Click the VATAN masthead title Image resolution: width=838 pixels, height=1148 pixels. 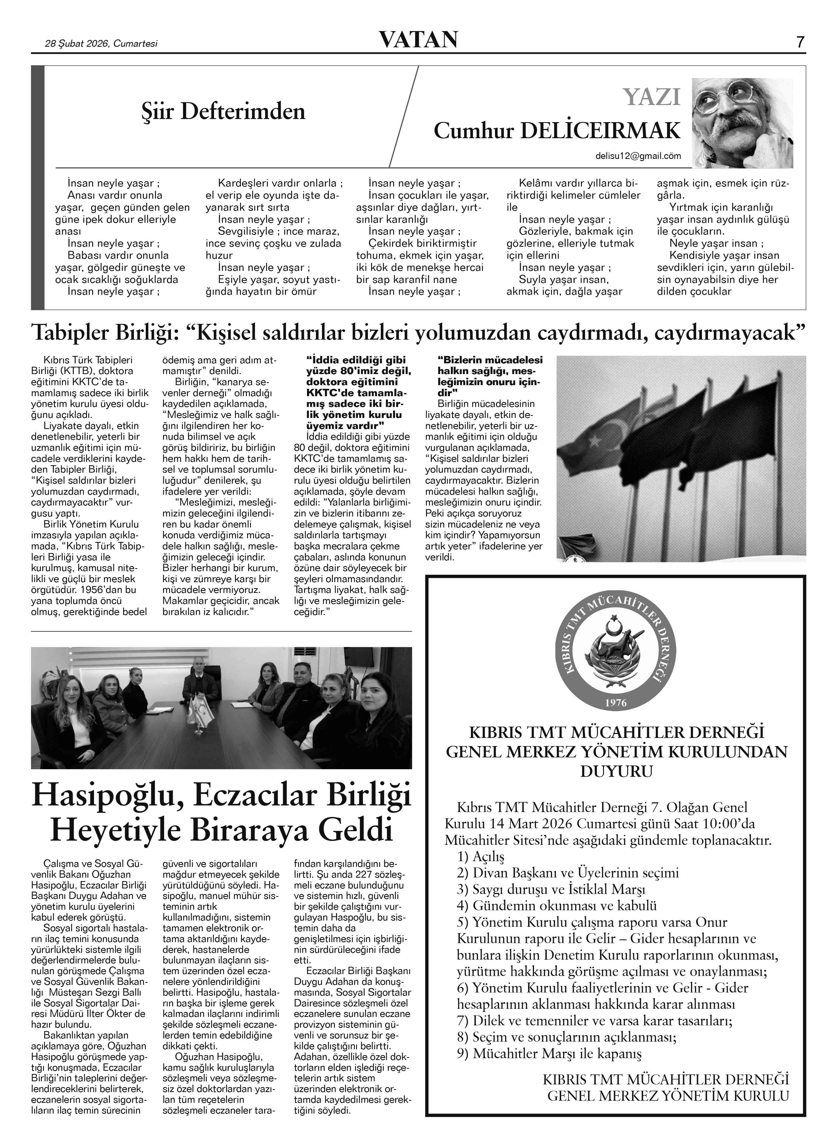(x=419, y=40)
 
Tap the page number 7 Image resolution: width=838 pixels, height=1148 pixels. (x=800, y=42)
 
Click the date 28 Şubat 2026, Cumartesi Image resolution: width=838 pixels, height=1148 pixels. (x=101, y=44)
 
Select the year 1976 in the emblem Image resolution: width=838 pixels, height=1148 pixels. (x=616, y=703)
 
